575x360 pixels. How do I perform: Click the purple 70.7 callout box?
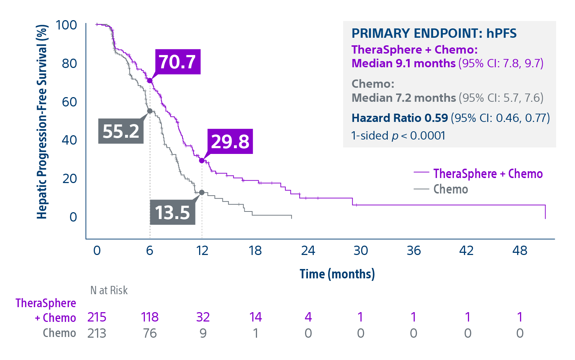(x=178, y=62)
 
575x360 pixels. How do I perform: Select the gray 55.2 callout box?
(x=121, y=131)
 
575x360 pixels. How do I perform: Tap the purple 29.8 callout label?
(x=230, y=141)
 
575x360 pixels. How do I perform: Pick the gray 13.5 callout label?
(x=172, y=212)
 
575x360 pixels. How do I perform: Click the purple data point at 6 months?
(x=150, y=80)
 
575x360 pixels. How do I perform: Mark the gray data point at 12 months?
(x=202, y=192)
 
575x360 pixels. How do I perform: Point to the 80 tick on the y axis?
(x=69, y=63)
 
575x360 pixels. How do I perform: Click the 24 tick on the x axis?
(x=308, y=250)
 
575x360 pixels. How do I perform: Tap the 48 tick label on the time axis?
(x=520, y=250)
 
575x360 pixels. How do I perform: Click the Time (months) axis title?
(x=337, y=274)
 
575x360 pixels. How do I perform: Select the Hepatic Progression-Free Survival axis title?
(x=42, y=122)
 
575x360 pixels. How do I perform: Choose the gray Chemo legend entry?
(x=451, y=189)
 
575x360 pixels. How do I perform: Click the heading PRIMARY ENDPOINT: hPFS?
(x=434, y=33)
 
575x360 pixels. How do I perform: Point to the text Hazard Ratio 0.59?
(x=400, y=118)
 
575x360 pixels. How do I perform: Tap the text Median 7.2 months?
(x=404, y=98)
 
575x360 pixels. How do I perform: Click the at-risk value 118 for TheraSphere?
(x=149, y=317)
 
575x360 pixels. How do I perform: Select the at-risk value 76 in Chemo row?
(x=149, y=333)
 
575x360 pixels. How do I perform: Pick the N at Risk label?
(x=109, y=290)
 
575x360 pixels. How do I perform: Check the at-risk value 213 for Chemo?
(x=97, y=333)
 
